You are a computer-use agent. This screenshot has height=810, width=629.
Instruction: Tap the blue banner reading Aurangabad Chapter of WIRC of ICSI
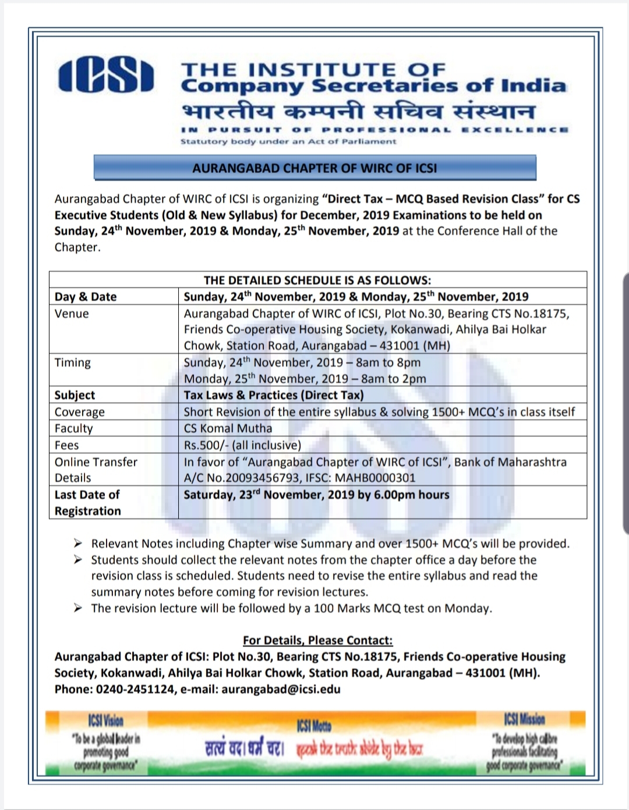point(314,168)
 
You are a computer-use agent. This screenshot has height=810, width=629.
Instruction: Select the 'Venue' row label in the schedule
point(72,314)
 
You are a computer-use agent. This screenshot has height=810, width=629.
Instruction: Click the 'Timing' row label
point(73,363)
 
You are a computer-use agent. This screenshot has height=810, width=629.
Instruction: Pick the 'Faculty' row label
point(73,428)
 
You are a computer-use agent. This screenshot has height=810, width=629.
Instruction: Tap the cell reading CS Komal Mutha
point(228,428)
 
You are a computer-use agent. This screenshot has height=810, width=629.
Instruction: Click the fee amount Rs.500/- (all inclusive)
point(242,445)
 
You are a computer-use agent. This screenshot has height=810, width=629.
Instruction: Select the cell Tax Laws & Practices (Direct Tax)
point(274,395)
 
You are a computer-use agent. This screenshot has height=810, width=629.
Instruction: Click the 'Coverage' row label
point(80,412)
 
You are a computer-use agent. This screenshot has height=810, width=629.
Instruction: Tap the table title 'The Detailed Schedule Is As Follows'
point(317,280)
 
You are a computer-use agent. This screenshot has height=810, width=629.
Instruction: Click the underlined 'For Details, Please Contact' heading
point(318,640)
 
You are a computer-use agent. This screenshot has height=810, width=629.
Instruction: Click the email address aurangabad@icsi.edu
point(281,689)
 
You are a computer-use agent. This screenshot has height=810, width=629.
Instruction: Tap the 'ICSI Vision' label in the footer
point(105,720)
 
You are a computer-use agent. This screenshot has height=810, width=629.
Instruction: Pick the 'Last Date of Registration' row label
point(87,503)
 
